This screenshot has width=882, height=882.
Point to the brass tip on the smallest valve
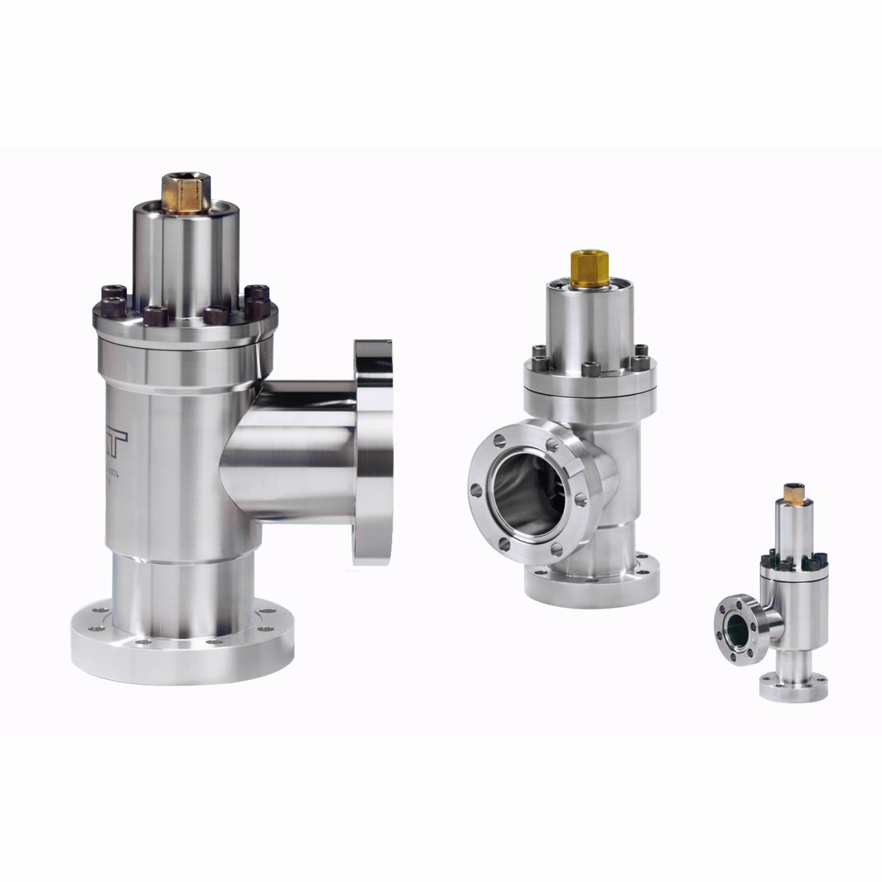[x=794, y=491]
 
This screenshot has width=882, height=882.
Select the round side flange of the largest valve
[x=373, y=452]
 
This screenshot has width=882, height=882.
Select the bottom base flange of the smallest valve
[x=794, y=692]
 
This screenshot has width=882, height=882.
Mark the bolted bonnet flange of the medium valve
[x=590, y=380]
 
